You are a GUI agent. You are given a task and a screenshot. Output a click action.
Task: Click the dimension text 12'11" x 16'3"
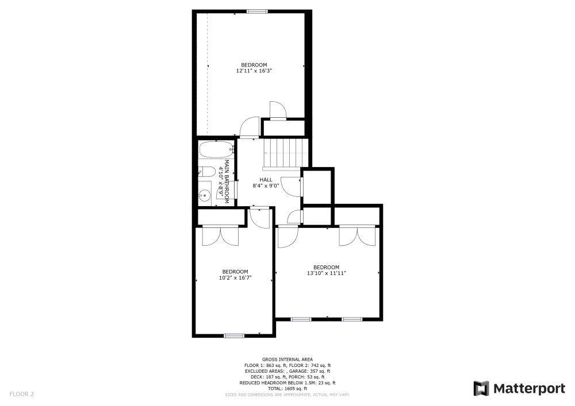(x=254, y=71)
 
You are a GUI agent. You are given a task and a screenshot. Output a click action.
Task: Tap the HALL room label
(x=266, y=180)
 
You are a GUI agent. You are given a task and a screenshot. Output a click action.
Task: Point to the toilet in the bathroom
(x=205, y=171)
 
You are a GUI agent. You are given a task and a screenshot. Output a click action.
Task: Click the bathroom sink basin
(x=205, y=195)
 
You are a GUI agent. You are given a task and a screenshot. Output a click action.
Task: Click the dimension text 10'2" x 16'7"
(x=235, y=277)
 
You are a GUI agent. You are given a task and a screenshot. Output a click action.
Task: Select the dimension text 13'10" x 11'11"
(x=326, y=273)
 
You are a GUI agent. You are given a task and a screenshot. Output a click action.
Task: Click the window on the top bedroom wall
(x=257, y=11)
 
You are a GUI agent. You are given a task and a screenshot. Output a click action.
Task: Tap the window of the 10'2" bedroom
(x=234, y=335)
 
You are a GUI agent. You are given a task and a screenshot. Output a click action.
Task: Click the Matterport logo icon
(x=481, y=388)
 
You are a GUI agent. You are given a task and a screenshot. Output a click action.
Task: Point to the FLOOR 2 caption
(x=21, y=394)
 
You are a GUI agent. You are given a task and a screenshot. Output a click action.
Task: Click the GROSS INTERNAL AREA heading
(x=287, y=359)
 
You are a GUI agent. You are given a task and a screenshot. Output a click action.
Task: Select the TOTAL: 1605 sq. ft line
(x=287, y=389)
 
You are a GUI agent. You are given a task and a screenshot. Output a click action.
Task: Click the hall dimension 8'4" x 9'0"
(x=266, y=185)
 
